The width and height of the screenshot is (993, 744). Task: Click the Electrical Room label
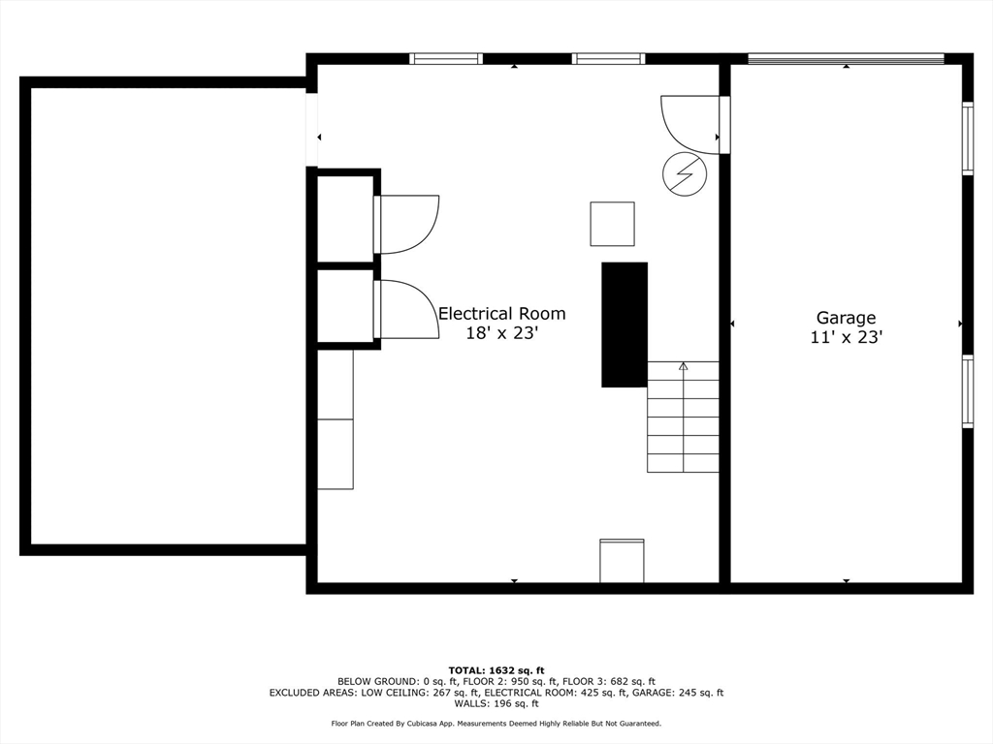501,314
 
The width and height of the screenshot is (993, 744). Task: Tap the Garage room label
846,318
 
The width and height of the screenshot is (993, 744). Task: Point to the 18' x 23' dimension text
501,333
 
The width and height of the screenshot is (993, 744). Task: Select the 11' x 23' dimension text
846,337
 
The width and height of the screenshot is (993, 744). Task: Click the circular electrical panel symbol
685,173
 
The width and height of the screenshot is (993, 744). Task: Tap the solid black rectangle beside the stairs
625,325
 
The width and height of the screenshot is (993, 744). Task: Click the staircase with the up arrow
684,417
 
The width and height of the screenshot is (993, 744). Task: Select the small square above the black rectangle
612,224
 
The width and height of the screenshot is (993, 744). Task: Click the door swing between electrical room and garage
690,122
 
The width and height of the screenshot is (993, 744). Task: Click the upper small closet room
345,219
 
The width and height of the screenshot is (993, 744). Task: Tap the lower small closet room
345,306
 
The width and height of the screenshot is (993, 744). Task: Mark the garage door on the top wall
846,59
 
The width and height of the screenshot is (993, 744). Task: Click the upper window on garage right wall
967,138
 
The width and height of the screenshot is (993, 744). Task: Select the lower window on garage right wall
967,391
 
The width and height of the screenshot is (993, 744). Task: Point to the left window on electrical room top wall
446,59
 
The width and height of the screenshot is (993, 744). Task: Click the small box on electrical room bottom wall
622,561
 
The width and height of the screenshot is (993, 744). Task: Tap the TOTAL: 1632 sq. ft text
496,670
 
